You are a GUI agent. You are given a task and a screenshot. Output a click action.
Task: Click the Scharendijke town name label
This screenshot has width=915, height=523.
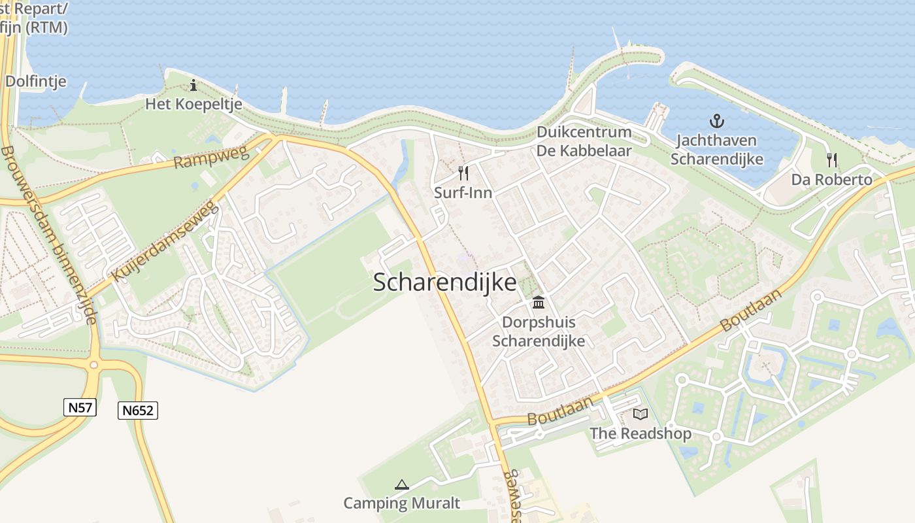[x=444, y=282]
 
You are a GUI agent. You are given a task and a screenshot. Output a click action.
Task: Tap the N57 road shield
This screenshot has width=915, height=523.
[x=80, y=407]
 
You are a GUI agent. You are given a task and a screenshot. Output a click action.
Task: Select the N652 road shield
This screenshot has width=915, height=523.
[x=138, y=411]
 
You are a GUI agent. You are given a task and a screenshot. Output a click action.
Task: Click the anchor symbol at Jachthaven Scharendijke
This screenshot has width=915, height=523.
[x=717, y=121]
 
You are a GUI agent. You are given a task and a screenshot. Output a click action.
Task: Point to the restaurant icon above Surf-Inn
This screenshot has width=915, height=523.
[x=463, y=173]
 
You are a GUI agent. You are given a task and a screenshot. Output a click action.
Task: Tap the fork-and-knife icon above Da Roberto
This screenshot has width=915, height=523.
[x=831, y=160]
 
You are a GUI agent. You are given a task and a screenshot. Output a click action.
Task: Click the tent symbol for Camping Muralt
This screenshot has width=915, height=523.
[x=402, y=484]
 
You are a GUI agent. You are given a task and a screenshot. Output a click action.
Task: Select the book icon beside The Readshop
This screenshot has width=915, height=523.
[x=640, y=414]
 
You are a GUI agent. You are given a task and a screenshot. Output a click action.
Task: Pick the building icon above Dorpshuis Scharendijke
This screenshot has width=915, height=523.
[x=538, y=302]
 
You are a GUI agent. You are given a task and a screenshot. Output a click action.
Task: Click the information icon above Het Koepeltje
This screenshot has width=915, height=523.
[x=193, y=85]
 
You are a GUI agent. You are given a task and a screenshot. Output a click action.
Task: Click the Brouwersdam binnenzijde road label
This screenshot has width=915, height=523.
[x=49, y=235]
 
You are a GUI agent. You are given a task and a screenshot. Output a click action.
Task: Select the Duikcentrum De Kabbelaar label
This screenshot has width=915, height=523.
[x=584, y=141]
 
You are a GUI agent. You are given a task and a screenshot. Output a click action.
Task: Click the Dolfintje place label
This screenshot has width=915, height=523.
[x=36, y=82]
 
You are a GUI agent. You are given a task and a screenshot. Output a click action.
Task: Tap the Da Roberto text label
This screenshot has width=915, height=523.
[x=831, y=180]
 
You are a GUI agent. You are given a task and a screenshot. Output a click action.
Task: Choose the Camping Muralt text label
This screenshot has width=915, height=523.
[x=402, y=503]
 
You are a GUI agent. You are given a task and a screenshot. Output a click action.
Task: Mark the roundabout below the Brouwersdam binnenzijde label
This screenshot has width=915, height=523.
[x=94, y=364]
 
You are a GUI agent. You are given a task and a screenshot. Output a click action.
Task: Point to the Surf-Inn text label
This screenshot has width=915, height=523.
[x=463, y=193]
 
